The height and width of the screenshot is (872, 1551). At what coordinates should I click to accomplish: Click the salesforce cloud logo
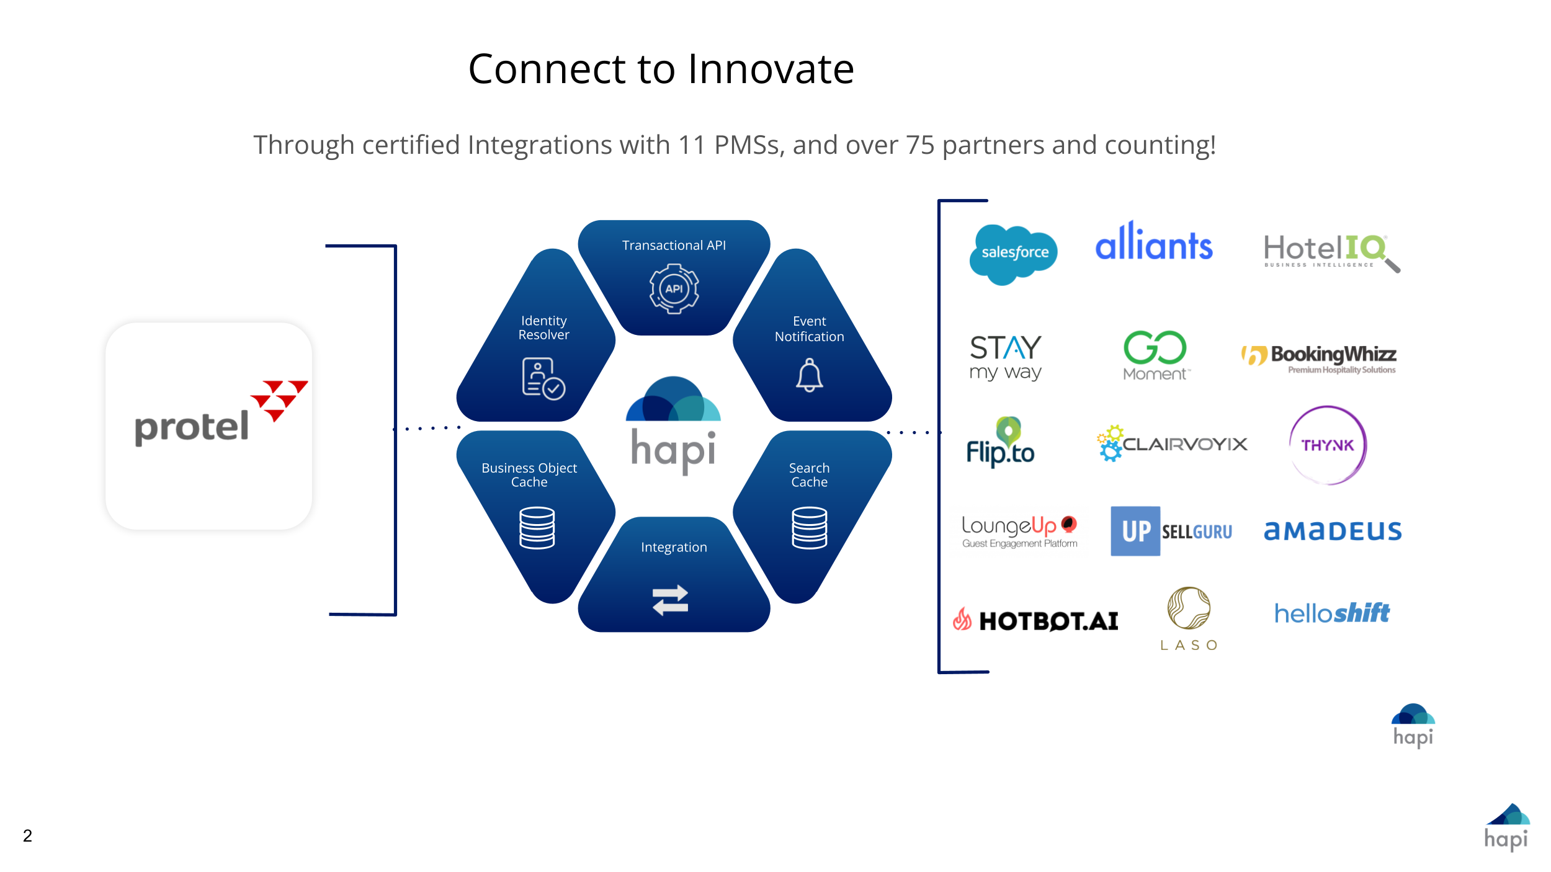point(1014,254)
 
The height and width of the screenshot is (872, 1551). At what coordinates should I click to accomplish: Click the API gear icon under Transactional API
point(674,289)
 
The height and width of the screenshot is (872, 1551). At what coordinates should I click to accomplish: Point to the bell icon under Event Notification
point(809,375)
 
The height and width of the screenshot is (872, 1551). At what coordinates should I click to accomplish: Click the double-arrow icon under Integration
point(671,600)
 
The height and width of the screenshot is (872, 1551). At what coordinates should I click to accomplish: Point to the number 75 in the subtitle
point(919,146)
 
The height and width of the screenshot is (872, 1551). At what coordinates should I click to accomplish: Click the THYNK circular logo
point(1328,445)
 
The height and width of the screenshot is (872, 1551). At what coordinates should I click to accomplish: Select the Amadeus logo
point(1333,531)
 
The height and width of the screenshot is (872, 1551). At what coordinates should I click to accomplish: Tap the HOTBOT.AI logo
point(1036,620)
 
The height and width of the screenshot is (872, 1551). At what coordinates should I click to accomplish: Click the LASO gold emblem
point(1188,608)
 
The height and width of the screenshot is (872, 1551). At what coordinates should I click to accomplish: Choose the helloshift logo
point(1331,613)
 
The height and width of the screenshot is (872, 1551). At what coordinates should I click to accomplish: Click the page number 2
point(27,835)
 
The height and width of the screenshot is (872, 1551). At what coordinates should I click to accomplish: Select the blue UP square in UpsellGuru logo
point(1135,531)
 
